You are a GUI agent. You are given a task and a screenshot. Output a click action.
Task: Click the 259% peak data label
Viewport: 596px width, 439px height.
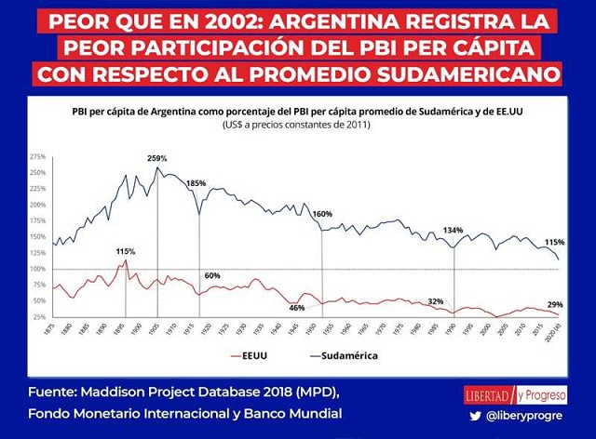click(156, 159)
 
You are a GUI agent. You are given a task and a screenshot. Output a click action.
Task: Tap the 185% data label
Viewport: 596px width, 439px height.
click(196, 184)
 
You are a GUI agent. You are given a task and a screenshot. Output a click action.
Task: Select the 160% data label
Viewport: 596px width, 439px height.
click(322, 214)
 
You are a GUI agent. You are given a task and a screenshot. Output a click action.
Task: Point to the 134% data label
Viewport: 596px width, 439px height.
click(454, 230)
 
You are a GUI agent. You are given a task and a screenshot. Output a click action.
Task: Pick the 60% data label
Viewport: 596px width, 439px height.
click(212, 275)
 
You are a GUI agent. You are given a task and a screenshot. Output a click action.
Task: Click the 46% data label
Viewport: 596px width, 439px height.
click(297, 307)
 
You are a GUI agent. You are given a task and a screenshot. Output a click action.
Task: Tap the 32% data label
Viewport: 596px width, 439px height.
click(436, 301)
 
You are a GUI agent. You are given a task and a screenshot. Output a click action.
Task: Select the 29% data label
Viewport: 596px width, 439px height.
click(554, 306)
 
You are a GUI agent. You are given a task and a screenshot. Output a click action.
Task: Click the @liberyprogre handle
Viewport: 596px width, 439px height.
click(526, 416)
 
